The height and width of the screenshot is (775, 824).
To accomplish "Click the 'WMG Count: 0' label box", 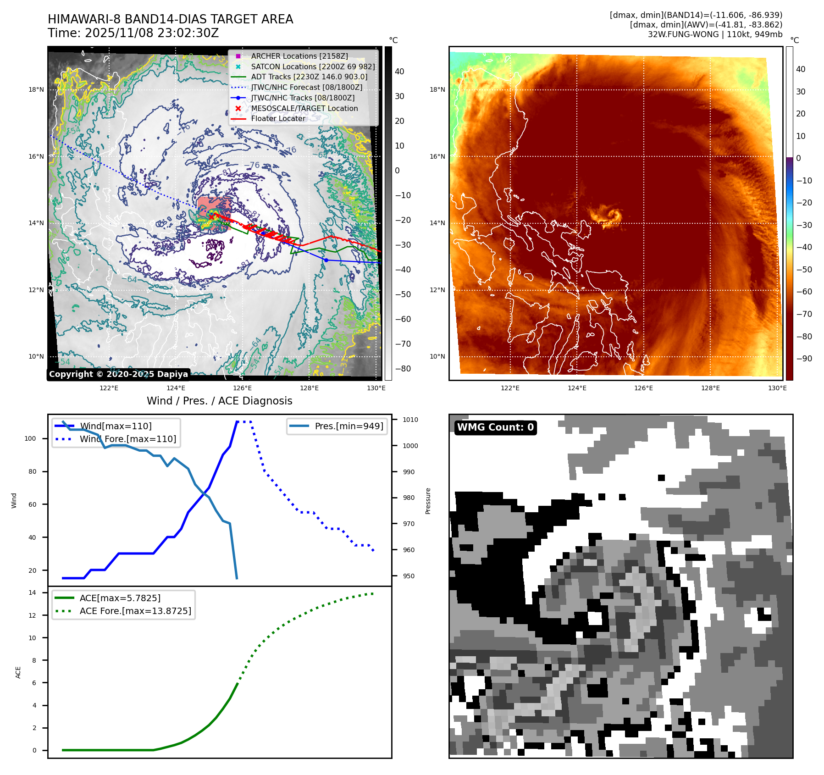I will tap(495, 427).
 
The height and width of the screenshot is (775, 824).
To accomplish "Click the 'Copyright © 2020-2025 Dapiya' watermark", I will tap(118, 374).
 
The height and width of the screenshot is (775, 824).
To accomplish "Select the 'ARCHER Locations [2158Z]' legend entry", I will tap(299, 56).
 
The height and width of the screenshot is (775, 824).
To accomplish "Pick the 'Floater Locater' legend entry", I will tap(278, 118).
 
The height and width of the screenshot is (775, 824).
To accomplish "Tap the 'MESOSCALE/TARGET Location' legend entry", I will tap(304, 108).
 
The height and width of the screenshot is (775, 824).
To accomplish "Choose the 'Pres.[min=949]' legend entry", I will tap(348, 426).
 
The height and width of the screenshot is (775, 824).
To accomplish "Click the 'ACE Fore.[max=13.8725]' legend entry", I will tap(135, 611).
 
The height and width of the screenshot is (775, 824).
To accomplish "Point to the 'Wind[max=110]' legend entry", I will tap(115, 426).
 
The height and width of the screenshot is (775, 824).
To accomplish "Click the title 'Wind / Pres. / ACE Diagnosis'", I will tap(219, 401).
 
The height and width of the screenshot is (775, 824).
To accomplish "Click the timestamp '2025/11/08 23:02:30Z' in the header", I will tap(152, 33).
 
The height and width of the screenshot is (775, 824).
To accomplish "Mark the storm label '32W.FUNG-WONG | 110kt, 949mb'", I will tap(715, 34).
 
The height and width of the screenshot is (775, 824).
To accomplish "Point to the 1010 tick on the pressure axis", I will tap(410, 420).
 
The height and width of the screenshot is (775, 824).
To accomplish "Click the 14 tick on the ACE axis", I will tap(33, 592).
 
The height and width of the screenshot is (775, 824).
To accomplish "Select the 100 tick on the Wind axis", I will tap(30, 438).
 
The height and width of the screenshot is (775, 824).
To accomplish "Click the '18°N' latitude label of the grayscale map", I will tap(36, 89).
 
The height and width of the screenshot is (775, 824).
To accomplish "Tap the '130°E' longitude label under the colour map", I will tap(777, 388).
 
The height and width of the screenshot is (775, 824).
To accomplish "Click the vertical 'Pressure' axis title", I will tap(428, 501).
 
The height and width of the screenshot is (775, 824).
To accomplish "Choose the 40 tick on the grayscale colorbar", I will tap(399, 72).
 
